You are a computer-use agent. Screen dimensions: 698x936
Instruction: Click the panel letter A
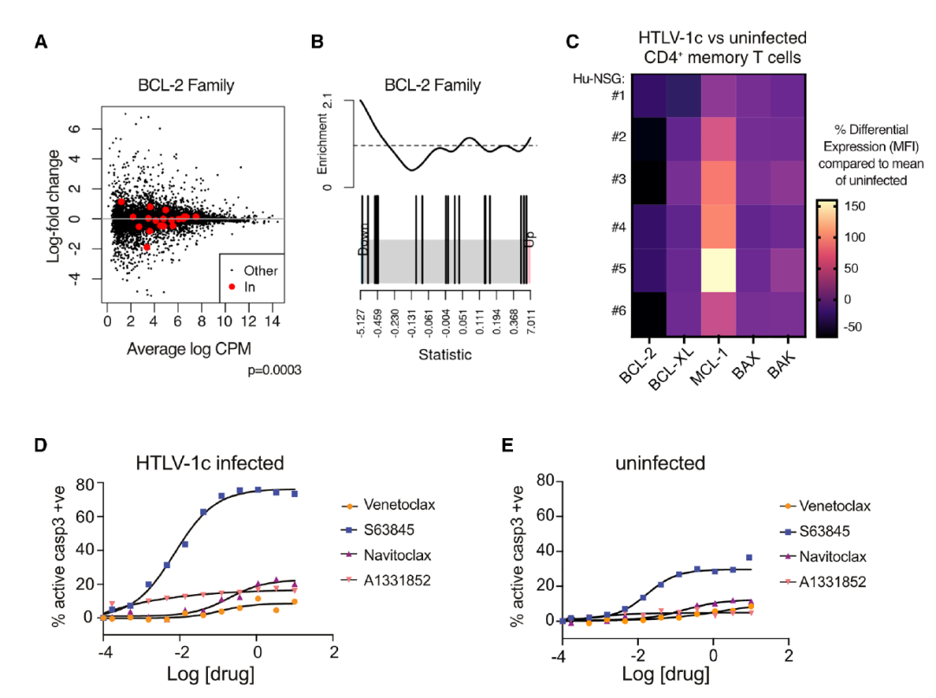tap(41, 42)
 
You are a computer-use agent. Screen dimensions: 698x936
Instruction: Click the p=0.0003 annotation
tap(274, 371)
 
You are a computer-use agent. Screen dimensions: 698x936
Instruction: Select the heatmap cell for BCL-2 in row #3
tap(648, 183)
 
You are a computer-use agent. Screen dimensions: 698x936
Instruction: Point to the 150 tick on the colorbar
tap(852, 208)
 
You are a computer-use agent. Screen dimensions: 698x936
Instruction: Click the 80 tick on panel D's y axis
tap(84, 484)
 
